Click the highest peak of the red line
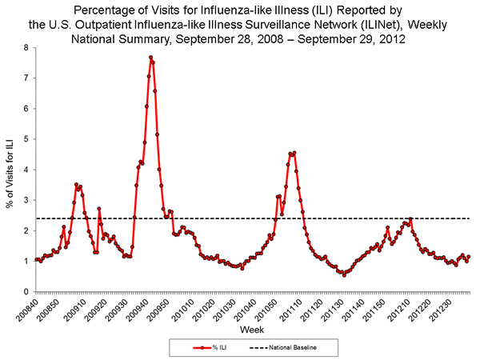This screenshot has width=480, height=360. pyautogui.click(x=150, y=58)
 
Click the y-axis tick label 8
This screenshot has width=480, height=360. pyautogui.click(x=26, y=48)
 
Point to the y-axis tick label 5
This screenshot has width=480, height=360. pyautogui.click(x=26, y=139)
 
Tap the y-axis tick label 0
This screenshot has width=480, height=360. pyautogui.click(x=26, y=291)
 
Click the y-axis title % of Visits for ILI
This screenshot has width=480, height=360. pyautogui.click(x=10, y=170)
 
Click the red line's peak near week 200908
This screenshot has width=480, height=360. pyautogui.click(x=76, y=185)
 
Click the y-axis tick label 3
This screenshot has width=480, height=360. pyautogui.click(x=26, y=200)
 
